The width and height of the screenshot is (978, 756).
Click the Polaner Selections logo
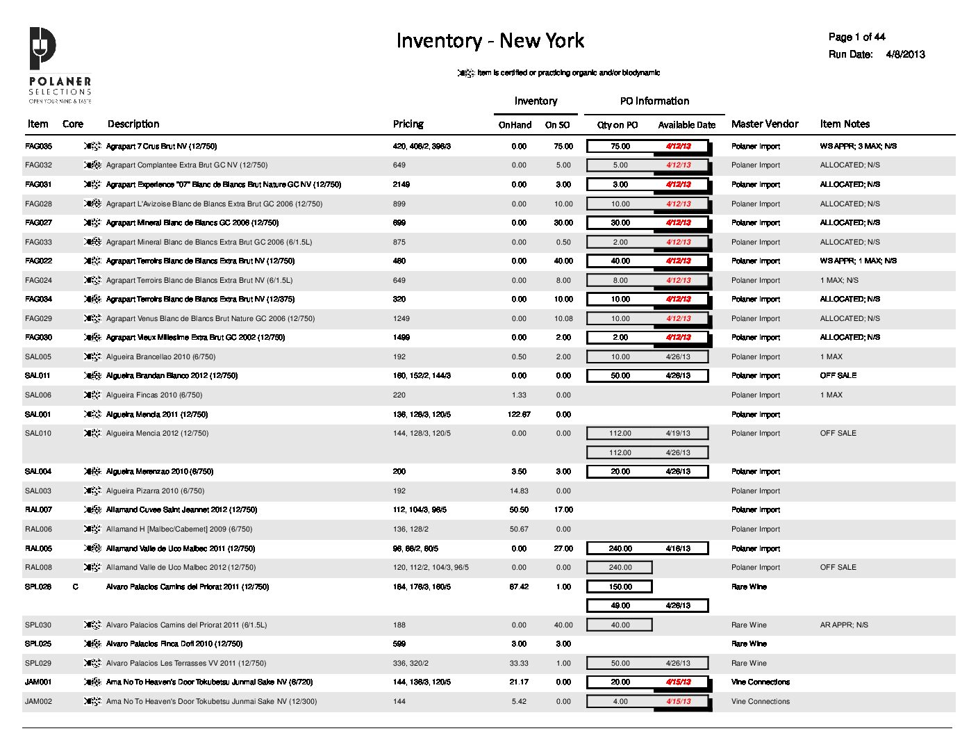tap(59, 65)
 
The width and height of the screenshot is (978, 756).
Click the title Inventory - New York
tap(490, 41)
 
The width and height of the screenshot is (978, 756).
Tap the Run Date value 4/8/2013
tap(905, 54)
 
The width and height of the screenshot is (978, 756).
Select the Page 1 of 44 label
tap(856, 37)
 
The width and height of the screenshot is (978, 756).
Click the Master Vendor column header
tap(764, 124)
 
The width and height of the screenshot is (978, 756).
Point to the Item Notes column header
tap(844, 124)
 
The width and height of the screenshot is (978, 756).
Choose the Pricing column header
tap(408, 124)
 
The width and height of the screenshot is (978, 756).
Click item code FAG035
tap(38, 147)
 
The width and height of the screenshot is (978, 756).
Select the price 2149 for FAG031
tap(401, 185)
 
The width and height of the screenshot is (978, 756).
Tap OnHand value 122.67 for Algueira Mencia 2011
tap(518, 415)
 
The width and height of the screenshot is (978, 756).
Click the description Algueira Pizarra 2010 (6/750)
tap(155, 491)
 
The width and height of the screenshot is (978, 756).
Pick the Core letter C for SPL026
tap(75, 587)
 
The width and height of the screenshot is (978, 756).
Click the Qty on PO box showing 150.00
tap(620, 587)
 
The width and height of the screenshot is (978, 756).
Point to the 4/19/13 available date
tap(677, 434)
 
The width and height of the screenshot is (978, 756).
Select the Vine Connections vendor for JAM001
tap(760, 682)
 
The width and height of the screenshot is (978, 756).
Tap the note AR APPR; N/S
tap(843, 625)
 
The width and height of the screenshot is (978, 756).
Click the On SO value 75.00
tap(563, 147)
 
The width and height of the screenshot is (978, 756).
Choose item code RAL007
tap(38, 510)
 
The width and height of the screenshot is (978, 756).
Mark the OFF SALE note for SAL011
tap(838, 376)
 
